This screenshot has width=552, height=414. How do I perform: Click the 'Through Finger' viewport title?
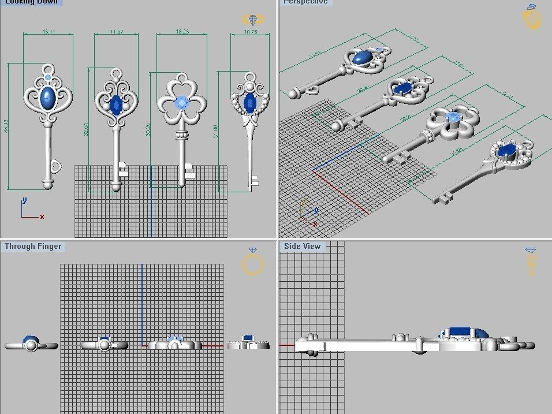tap(33, 247)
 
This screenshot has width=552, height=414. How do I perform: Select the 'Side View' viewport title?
tap(302, 247)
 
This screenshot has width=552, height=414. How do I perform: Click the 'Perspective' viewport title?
tap(305, 2)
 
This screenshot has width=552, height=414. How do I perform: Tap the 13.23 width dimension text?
tap(181, 32)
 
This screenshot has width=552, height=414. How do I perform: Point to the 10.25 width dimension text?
tap(250, 32)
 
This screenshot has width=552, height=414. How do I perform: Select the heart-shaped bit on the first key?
tap(56, 166)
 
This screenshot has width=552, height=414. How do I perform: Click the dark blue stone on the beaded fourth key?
tap(250, 103)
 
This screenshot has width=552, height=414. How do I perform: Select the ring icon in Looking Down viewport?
tap(253, 20)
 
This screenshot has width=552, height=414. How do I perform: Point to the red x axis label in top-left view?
tap(42, 217)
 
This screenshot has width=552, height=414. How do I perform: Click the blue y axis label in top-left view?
tap(24, 200)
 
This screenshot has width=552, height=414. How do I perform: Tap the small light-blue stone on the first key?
tap(48, 77)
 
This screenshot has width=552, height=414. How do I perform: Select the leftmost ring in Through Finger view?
tap(31, 345)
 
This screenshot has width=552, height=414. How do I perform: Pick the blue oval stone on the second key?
tap(116, 105)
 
